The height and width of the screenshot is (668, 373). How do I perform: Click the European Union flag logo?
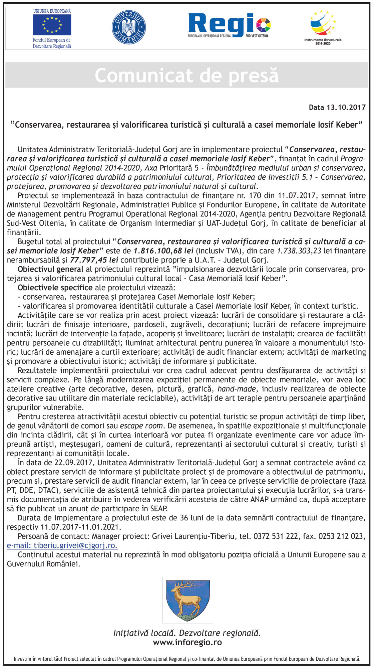point(52,25)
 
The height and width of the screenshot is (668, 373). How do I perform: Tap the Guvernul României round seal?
point(129,27)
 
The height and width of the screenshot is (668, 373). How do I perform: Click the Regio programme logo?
point(229,25)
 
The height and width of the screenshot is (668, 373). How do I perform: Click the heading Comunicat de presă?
point(186,75)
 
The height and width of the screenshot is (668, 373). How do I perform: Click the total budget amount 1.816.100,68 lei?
point(163,251)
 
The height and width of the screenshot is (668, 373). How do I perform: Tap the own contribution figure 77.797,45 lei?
point(94,260)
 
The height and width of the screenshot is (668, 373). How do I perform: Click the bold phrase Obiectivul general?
point(50,269)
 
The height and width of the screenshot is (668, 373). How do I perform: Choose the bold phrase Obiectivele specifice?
point(55,288)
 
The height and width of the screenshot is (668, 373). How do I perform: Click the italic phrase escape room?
point(141,426)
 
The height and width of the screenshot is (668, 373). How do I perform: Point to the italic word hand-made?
point(237,389)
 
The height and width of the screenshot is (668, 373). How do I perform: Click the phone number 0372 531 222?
point(276,536)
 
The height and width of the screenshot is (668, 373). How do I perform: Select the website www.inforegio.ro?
point(187,642)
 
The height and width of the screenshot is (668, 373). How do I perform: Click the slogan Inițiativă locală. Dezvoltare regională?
point(187,633)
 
